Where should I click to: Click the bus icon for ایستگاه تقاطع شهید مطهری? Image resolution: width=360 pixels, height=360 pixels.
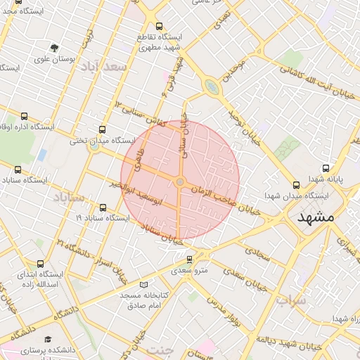tap(159, 26)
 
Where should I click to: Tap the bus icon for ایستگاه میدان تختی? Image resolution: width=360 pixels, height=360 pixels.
tap(103, 129)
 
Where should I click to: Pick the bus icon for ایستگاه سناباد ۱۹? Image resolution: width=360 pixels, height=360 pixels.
tap(104, 207)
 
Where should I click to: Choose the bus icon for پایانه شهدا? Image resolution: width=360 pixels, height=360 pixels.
tap(326, 169)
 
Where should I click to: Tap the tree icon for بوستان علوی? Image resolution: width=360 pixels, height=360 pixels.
tap(55, 47)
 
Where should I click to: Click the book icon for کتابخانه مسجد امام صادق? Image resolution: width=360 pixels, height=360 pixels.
tap(144, 285)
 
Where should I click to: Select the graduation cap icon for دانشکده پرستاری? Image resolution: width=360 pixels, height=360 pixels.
tap(48, 340)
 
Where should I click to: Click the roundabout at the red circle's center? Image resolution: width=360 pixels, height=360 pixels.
tap(180, 182)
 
